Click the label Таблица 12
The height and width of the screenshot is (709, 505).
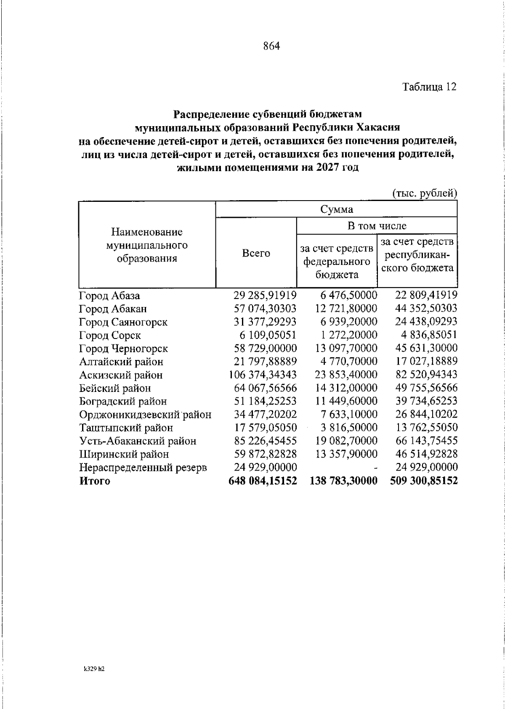point(429,87)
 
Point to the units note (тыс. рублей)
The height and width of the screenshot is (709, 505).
point(425,193)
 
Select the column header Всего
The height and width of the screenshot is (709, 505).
point(256,254)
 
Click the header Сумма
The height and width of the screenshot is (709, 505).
point(336,209)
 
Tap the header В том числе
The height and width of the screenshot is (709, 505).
point(377,226)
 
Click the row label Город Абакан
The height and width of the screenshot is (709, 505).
point(113,309)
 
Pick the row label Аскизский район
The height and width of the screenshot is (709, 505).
point(121,375)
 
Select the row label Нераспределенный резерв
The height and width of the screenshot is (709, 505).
point(143,468)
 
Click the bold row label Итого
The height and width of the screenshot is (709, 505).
point(95,481)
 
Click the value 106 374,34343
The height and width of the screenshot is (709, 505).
point(263,375)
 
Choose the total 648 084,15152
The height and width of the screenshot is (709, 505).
point(263,481)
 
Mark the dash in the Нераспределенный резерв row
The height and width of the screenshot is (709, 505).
point(375,468)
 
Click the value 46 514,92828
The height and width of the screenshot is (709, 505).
point(426,454)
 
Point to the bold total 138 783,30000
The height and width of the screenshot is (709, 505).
point(344,481)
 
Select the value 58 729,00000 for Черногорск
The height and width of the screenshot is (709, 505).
point(265,348)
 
